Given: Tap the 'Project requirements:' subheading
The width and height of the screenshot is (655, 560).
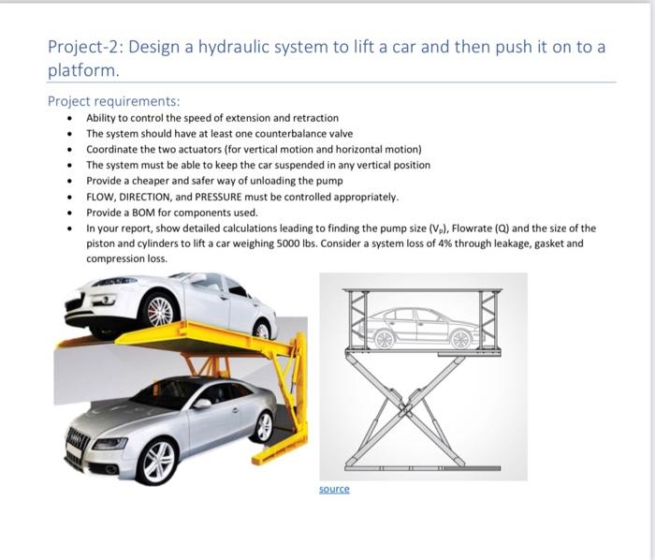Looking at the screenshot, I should (113, 101).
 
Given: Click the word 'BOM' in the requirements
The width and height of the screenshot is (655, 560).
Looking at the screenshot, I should (140, 213).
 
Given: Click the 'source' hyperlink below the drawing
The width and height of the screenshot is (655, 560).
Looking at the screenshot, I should (334, 489).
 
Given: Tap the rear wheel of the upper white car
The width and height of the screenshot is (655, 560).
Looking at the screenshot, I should (262, 328).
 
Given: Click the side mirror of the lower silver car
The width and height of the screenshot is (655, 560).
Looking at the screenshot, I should (200, 403).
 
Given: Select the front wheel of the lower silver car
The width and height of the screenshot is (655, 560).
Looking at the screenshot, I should (157, 460).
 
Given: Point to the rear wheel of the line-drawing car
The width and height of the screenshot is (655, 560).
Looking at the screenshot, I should (460, 339).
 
